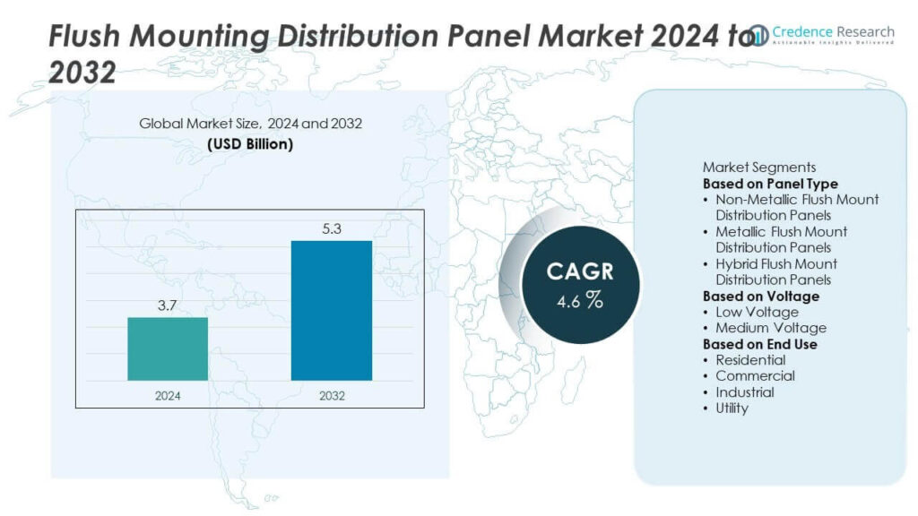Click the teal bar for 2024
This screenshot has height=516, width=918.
pos(168,348)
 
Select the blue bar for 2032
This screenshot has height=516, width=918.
pos(332,310)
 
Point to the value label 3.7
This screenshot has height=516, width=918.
pos(168,306)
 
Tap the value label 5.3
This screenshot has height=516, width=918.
pos(332,229)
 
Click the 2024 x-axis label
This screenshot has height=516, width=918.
pos(168,395)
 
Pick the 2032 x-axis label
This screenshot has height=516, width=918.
pos(332,395)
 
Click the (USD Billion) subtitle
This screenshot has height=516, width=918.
pos(250,143)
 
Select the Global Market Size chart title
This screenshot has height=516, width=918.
pos(250,124)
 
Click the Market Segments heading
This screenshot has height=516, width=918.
pos(758,168)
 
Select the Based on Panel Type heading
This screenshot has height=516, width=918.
pos(770,184)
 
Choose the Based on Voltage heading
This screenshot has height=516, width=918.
pos(760,296)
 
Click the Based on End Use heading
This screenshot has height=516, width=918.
pos(759,344)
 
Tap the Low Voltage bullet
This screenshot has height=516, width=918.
pos(757,312)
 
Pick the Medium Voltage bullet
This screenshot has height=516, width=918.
pos(770,328)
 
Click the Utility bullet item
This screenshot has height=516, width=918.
pos(732,408)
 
